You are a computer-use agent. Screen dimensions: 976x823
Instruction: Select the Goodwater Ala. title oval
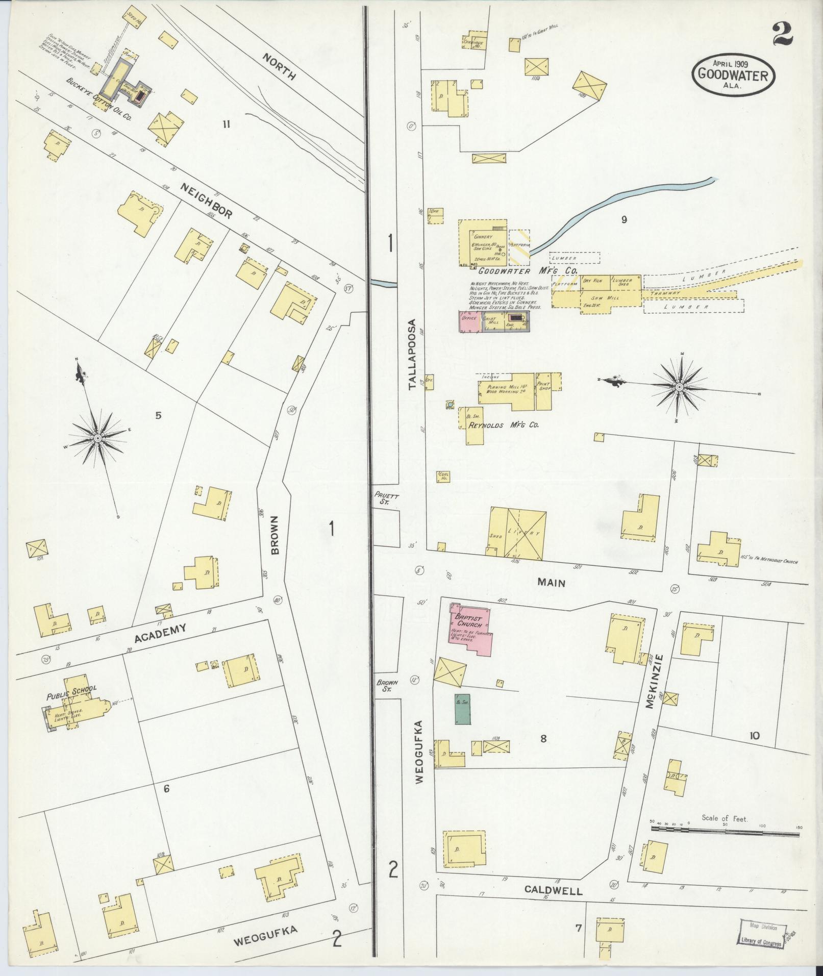(x=733, y=75)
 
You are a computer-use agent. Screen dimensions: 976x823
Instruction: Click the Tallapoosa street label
(x=414, y=355)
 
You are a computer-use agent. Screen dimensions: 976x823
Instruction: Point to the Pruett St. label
(x=382, y=498)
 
